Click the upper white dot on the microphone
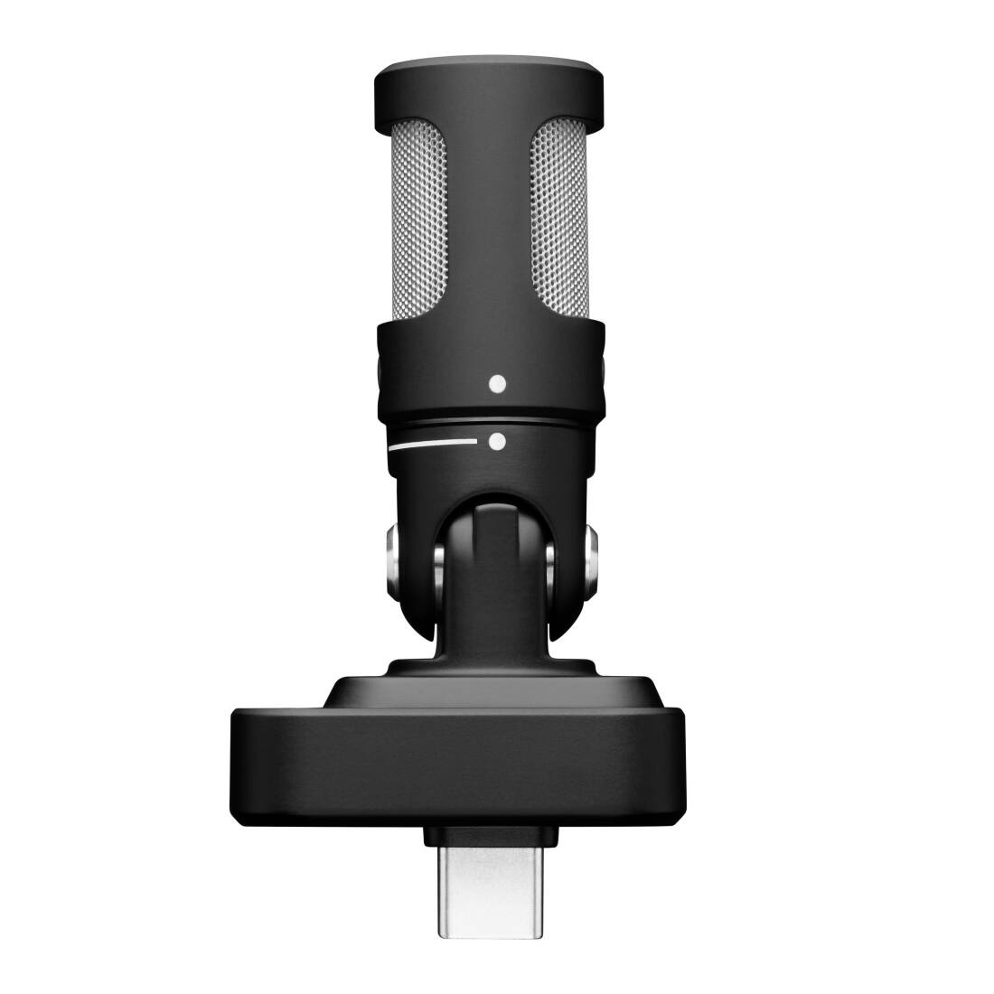(x=494, y=383)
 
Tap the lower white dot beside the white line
(x=495, y=442)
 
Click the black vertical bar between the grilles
(x=495, y=226)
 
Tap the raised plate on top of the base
(x=495, y=692)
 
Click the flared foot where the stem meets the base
(x=495, y=664)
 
